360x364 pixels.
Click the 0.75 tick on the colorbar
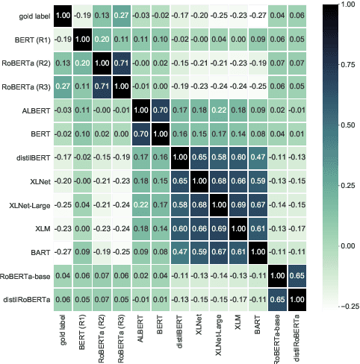[345, 68]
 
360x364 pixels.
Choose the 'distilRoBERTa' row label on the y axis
[28, 298]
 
